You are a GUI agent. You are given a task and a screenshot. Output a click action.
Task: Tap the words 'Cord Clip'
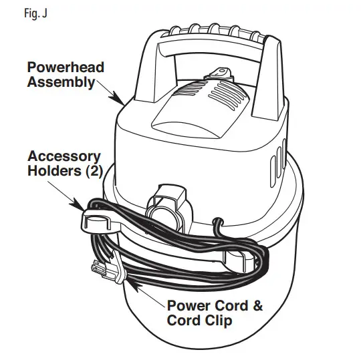200,322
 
